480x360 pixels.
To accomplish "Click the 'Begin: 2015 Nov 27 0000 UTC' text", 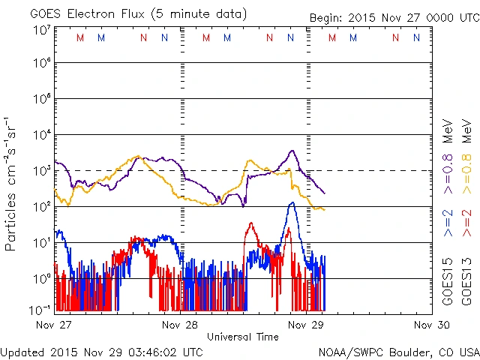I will pyautogui.click(x=394, y=18).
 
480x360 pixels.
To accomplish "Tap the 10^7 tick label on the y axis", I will pyautogui.click(x=40, y=30).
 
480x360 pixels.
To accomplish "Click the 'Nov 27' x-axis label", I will pyautogui.click(x=53, y=325).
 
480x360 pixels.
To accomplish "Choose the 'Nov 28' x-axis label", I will pyautogui.click(x=180, y=325).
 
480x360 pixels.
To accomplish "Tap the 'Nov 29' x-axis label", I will pyautogui.click(x=306, y=325).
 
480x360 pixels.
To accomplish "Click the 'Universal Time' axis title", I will pyautogui.click(x=243, y=337).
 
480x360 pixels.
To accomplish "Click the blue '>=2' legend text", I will pyautogui.click(x=448, y=224).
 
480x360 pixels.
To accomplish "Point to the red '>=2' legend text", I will pyautogui.click(x=466, y=224).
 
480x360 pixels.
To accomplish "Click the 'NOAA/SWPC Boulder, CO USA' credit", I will pyautogui.click(x=397, y=352).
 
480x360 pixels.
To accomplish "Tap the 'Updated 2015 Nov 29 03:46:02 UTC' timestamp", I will pyautogui.click(x=102, y=352).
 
